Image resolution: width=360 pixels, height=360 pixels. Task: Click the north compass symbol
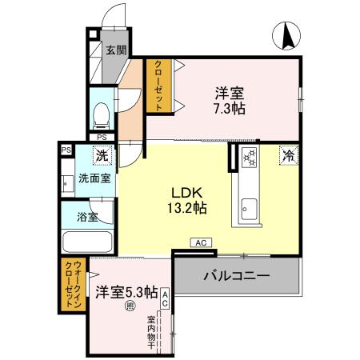pos(288,35)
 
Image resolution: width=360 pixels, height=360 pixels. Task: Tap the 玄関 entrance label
pos(116,50)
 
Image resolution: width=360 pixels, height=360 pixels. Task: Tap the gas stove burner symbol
pos(249,158)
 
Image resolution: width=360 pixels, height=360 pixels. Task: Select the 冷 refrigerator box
pos(287,157)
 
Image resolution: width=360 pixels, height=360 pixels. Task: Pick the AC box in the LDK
pos(201,242)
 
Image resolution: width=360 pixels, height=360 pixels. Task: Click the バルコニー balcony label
pos(235,276)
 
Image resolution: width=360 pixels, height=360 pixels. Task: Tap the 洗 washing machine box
pos(103,157)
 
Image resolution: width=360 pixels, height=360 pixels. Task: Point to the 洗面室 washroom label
pos(94,178)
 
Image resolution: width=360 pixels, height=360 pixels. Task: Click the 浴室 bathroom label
pos(89,216)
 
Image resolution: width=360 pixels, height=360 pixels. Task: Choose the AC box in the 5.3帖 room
pos(165,298)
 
